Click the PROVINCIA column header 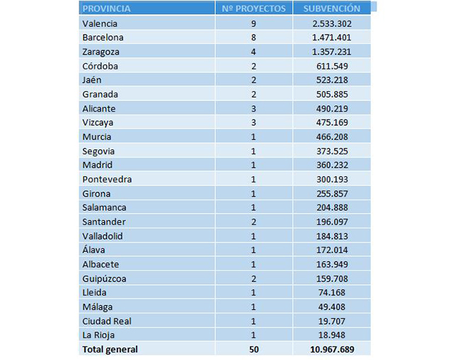pyautogui.click(x=106, y=8)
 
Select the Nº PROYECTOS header pyautogui.click(x=253, y=8)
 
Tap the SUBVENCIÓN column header pyautogui.click(x=332, y=8)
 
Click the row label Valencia pyautogui.click(x=100, y=23)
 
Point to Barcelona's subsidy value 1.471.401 pyautogui.click(x=332, y=37)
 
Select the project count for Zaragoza pyautogui.click(x=253, y=52)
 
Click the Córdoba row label pyautogui.click(x=100, y=66)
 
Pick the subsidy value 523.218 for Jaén pyautogui.click(x=332, y=80)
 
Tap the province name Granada pyautogui.click(x=100, y=94)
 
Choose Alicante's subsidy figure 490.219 pyautogui.click(x=332, y=108)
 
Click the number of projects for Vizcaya pyautogui.click(x=253, y=122)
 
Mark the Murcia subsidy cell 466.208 pyautogui.click(x=332, y=137)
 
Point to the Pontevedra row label pyautogui.click(x=107, y=179)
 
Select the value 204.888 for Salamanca pyautogui.click(x=332, y=207)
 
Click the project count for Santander pyautogui.click(x=253, y=221)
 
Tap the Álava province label pyautogui.click(x=93, y=250)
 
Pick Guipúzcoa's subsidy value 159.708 pyautogui.click(x=332, y=278)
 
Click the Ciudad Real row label pyautogui.click(x=107, y=321)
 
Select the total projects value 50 pyautogui.click(x=254, y=349)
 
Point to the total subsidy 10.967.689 pyautogui.click(x=332, y=349)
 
